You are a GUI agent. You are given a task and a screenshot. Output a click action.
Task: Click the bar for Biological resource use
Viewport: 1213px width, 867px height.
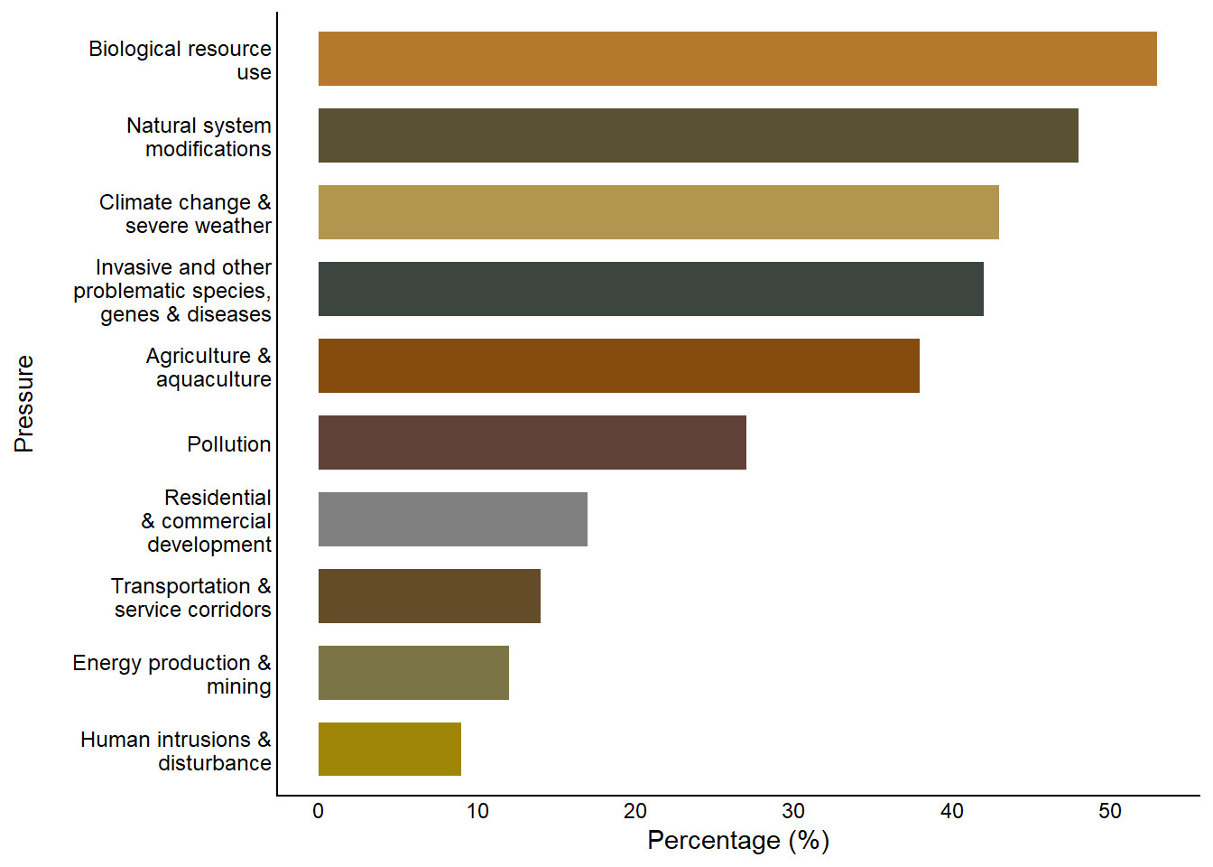tap(737, 59)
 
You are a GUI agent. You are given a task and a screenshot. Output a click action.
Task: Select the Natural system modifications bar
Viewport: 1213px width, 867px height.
tap(698, 135)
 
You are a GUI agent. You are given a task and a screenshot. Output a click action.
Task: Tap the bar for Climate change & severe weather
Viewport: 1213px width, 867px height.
tap(658, 212)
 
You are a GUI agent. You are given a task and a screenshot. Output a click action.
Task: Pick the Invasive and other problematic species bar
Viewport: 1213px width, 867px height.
tap(651, 289)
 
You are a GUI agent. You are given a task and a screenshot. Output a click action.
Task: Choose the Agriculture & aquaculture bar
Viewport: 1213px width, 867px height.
tap(618, 366)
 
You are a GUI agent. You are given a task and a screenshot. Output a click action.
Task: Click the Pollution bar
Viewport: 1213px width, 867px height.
tap(532, 443)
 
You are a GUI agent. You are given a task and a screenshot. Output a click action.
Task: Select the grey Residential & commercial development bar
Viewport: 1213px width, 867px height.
tap(452, 519)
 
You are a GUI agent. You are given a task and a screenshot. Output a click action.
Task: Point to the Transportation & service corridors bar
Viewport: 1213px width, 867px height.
tap(429, 596)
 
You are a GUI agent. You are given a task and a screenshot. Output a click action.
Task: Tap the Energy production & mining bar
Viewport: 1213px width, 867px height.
tap(413, 673)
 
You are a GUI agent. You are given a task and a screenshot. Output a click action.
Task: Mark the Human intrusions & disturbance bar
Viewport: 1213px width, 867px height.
tap(389, 749)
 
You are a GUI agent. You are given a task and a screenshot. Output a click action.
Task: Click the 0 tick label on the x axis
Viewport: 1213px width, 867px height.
tap(318, 811)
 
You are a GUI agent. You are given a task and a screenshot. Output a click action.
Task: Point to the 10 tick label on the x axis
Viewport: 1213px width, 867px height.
tap(477, 811)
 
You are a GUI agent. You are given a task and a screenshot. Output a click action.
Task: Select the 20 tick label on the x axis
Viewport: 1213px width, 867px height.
tap(635, 811)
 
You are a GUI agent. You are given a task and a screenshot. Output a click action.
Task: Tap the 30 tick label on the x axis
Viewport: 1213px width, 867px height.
tap(793, 811)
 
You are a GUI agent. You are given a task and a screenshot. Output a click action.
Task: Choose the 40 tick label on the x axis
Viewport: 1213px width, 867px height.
tap(952, 811)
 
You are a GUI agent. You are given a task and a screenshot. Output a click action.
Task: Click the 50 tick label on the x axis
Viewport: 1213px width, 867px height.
tap(1110, 811)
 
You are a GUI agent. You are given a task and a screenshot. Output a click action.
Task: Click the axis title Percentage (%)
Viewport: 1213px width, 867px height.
tap(738, 841)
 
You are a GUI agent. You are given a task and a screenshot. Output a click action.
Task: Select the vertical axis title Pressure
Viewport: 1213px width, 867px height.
tap(24, 404)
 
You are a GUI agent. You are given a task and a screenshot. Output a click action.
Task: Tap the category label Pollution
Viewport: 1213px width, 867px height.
tap(229, 444)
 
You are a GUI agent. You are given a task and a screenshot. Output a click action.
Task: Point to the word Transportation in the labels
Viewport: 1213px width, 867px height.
tap(181, 586)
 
